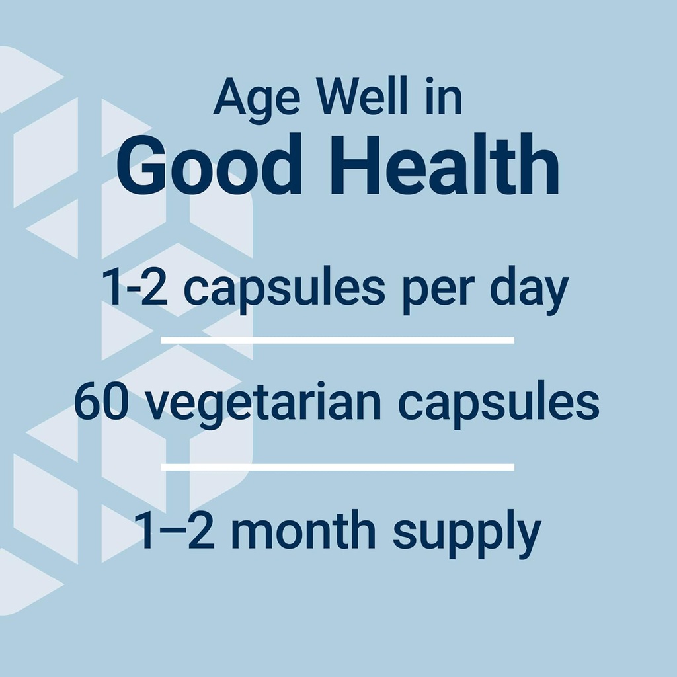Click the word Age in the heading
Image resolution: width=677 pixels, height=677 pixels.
point(257,98)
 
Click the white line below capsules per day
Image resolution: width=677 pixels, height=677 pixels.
point(337,340)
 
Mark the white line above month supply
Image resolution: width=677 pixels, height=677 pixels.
point(337,467)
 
